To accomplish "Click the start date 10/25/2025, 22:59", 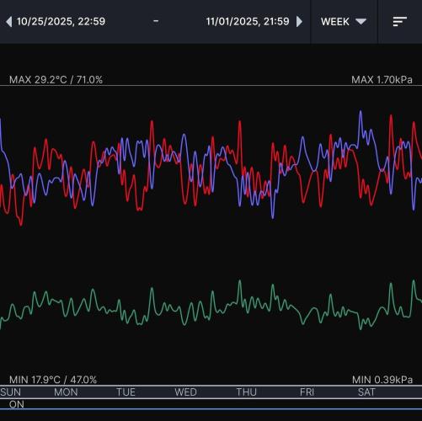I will pyautogui.click(x=61, y=21).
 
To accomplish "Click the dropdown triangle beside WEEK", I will pyautogui.click(x=361, y=21).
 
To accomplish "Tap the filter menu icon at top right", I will pyautogui.click(x=400, y=21).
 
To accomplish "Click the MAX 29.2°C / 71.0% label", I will pyautogui.click(x=56, y=79).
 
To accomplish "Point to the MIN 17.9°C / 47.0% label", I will pyautogui.click(x=53, y=380).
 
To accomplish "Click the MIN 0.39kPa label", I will pyautogui.click(x=382, y=380).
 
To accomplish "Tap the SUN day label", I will pyautogui.click(x=11, y=392).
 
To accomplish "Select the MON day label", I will pyautogui.click(x=66, y=392).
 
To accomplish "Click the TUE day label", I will pyautogui.click(x=126, y=392).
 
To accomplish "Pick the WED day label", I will pyautogui.click(x=186, y=392).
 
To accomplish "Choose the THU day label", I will pyautogui.click(x=247, y=392).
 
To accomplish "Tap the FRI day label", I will pyautogui.click(x=307, y=392).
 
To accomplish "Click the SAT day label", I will pyautogui.click(x=366, y=392).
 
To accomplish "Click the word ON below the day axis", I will pyautogui.click(x=17, y=405).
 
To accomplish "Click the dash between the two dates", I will pyautogui.click(x=156, y=21).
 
